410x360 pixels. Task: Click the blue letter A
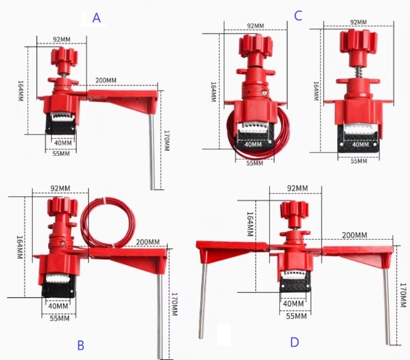point(96,18)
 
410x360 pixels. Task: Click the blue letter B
point(81,345)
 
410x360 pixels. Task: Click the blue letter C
point(298,15)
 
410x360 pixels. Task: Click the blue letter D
point(295,342)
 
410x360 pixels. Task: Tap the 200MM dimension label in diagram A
point(106,80)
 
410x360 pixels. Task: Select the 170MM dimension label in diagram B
point(174,304)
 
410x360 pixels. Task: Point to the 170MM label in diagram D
point(404,295)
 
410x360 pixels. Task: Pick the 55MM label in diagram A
point(61,153)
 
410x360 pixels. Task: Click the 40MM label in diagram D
point(293,303)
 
